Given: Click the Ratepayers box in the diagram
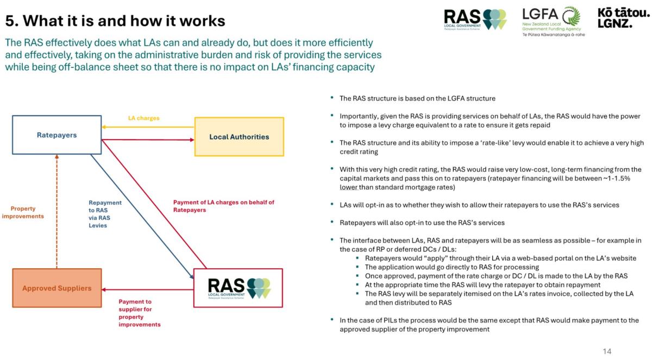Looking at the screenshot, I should pos(56,135).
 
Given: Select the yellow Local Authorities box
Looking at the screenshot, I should pos(239,137).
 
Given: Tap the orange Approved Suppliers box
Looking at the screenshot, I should pos(56,288).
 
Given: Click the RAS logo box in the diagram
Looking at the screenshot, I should pos(238,288).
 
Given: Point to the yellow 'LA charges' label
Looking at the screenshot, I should pos(143,118).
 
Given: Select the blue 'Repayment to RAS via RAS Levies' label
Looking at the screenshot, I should pos(105,214).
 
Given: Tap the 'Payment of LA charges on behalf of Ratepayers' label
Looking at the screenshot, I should pos(223,206).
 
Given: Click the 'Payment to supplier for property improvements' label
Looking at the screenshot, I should pos(140,313).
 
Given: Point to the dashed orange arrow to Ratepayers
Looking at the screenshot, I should pos(56,212).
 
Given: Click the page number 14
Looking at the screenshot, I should pos(607,351).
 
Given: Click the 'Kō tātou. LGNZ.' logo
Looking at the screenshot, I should pos(623,18).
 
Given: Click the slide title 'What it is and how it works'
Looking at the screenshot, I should pos(115,21).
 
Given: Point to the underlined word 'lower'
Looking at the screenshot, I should pos(348,187).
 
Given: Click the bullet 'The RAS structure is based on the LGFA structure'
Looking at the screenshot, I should pos(417,98).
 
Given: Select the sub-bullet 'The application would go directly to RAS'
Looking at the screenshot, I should pos(451,267).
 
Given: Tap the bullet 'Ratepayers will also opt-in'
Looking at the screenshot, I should pos(422,223).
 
